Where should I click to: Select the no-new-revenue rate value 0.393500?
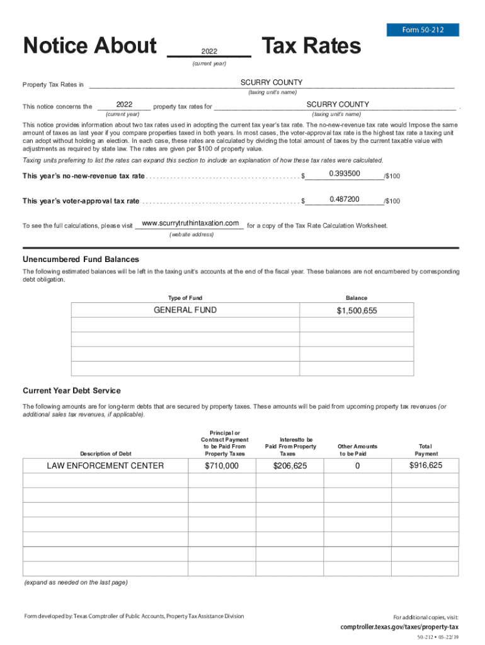coord(345,173)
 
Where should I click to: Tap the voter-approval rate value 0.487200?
coord(345,199)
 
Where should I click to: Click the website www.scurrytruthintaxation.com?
coord(190,224)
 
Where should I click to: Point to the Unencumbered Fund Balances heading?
coord(81,260)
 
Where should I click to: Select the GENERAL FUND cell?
coord(185,310)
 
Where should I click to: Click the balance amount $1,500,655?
coord(357,311)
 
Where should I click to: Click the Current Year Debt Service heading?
coord(71,391)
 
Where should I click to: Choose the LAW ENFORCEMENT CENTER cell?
coord(105,465)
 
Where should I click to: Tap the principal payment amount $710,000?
coord(222,465)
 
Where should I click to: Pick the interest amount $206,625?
coord(290,465)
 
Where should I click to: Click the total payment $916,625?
coord(426,465)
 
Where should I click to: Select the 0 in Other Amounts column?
coord(357,465)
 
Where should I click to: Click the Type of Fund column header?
coord(185,298)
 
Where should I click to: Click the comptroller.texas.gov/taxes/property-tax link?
coord(399,627)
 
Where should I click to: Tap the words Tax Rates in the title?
coord(311,46)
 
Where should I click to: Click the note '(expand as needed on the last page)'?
coord(76,582)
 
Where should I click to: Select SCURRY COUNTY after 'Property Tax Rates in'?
coord(271,83)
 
